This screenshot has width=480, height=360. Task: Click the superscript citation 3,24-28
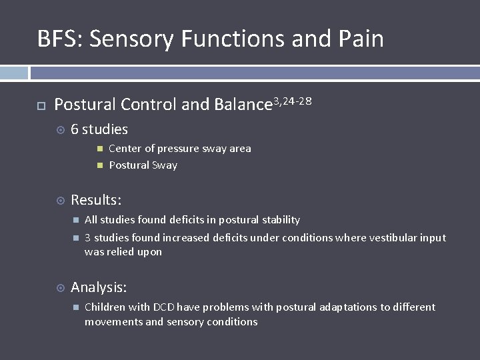pos(293,101)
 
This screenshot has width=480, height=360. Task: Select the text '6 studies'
pos(99,129)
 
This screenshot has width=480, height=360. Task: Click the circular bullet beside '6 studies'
pos(60,130)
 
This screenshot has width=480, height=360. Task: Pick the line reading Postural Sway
pos(143,165)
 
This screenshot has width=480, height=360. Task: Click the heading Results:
pos(96,199)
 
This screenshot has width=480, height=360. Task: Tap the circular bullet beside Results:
pos(60,200)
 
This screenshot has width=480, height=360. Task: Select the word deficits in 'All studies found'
pos(189,220)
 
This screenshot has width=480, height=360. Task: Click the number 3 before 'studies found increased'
pos(87,238)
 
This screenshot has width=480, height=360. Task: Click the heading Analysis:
pos(99,287)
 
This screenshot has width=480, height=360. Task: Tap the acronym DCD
pos(163,307)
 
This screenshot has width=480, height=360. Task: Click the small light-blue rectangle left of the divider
pos(14,73)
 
